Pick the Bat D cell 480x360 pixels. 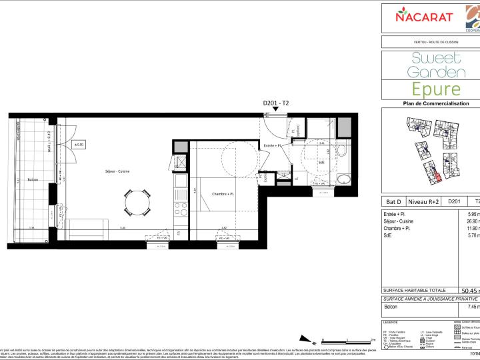(395, 201)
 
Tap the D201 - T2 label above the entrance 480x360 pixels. (276, 103)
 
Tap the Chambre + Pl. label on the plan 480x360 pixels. (223, 194)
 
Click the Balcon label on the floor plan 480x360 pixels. (33, 180)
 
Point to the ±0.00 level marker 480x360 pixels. (79, 144)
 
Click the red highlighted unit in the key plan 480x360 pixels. (437, 177)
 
